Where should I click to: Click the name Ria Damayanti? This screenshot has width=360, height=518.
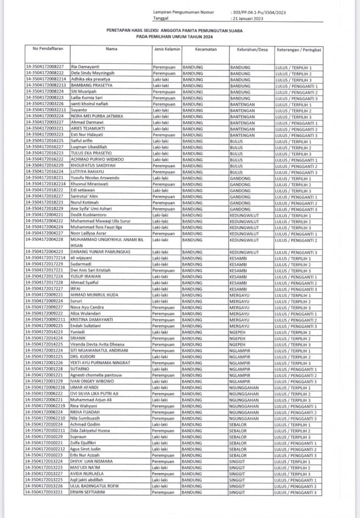[x=84, y=67]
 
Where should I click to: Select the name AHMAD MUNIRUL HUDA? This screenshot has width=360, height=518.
[x=95, y=295]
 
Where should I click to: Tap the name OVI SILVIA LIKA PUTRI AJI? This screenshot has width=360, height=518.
[x=101, y=394]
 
